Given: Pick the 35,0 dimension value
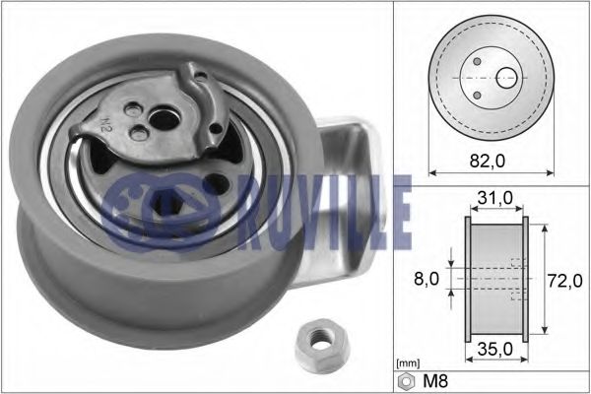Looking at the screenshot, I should (493, 347).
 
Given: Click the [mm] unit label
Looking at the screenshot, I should (406, 363).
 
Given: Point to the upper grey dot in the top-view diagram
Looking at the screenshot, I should (478, 62).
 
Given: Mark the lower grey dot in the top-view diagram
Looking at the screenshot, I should (478, 95).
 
